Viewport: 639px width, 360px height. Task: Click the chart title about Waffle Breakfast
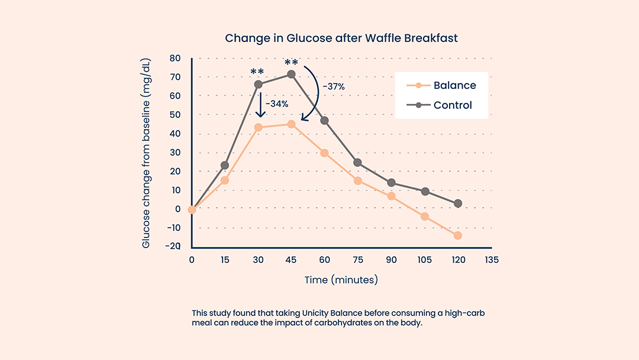(x=341, y=38)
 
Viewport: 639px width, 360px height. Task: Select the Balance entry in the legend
(x=454, y=85)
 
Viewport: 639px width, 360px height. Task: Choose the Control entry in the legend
(x=453, y=105)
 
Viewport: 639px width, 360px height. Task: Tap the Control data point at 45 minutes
(x=291, y=74)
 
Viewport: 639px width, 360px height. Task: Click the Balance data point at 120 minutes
(x=457, y=236)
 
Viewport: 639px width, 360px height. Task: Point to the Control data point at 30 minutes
(x=258, y=84)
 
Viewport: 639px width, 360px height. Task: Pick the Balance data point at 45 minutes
(x=291, y=124)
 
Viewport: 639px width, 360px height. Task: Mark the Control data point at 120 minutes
(x=457, y=204)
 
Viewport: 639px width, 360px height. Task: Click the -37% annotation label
(x=334, y=86)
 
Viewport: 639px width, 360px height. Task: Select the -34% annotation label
(x=277, y=104)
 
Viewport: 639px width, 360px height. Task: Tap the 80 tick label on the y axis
(x=175, y=58)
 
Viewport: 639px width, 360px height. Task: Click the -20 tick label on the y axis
(x=173, y=246)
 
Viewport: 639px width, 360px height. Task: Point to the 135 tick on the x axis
(x=490, y=260)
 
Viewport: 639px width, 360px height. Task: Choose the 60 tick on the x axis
(x=324, y=260)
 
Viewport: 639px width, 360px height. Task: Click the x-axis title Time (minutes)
(x=341, y=279)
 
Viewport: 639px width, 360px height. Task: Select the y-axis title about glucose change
(x=147, y=153)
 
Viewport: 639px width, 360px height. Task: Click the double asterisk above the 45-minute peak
(x=291, y=63)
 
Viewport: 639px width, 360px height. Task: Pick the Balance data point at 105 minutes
(x=424, y=217)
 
